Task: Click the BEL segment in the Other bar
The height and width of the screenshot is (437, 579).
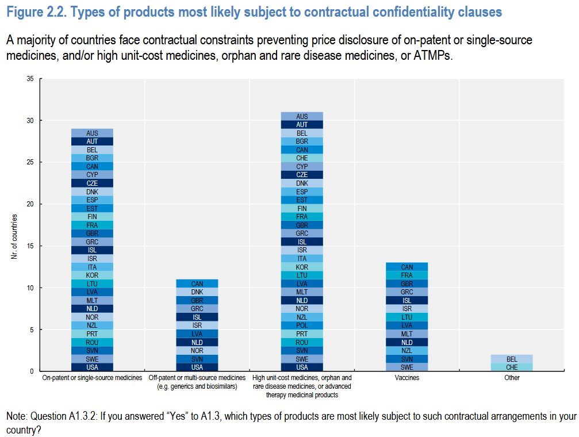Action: pos(512,359)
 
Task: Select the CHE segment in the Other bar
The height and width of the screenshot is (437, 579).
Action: pos(512,367)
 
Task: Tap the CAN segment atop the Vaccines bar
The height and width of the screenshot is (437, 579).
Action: pos(407,267)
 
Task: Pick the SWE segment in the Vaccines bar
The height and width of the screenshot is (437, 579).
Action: pos(407,367)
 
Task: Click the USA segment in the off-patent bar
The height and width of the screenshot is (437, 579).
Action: pos(197,367)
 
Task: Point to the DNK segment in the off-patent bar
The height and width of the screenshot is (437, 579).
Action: pos(197,292)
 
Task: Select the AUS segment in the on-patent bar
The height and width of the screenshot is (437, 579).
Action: pos(92,133)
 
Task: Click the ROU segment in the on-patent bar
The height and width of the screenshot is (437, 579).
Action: pos(92,342)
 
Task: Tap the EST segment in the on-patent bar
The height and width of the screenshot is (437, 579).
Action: pos(92,208)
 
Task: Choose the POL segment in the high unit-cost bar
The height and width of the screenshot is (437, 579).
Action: pos(302,325)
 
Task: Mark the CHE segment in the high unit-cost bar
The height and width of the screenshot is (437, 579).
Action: pos(302,158)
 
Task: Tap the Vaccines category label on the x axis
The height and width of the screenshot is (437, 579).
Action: pos(407,378)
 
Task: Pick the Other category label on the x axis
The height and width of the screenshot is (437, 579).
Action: pos(512,378)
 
